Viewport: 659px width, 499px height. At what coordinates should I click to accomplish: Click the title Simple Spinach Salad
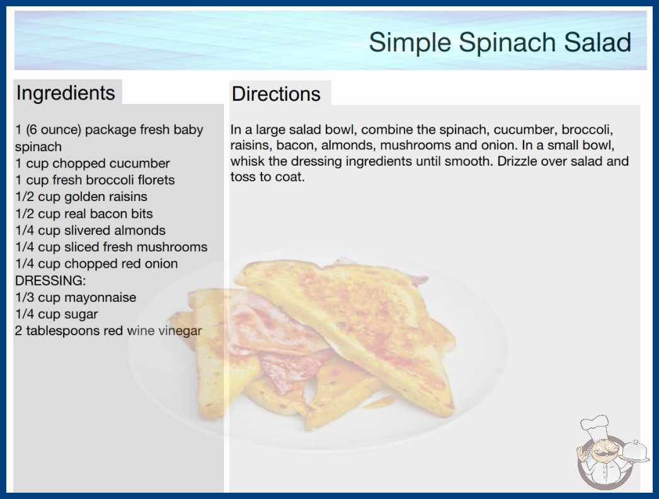point(500,42)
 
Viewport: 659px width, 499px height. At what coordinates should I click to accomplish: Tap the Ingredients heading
point(66,93)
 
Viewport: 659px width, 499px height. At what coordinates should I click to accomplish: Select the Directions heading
point(276,94)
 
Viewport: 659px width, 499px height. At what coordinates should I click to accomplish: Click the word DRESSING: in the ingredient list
point(50,280)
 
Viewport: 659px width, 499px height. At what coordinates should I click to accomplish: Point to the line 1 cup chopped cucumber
point(93,163)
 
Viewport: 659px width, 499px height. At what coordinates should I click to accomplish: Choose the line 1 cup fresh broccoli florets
point(95,180)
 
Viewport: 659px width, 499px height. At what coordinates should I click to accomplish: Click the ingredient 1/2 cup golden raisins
point(81,197)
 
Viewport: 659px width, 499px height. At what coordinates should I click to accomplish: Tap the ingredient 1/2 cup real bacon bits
point(84,214)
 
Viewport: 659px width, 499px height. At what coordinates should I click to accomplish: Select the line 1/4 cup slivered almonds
point(90,231)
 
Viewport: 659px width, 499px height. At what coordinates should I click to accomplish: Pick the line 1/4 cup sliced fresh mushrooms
point(112,247)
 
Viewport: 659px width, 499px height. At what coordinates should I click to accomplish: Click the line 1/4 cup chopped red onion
point(96,263)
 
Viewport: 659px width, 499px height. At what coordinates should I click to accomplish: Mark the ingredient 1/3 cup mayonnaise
point(76,297)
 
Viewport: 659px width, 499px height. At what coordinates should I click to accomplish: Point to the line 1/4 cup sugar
point(56,314)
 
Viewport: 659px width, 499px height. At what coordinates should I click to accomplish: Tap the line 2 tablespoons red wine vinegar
point(108,331)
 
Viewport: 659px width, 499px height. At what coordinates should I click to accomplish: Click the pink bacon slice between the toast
point(277,336)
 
